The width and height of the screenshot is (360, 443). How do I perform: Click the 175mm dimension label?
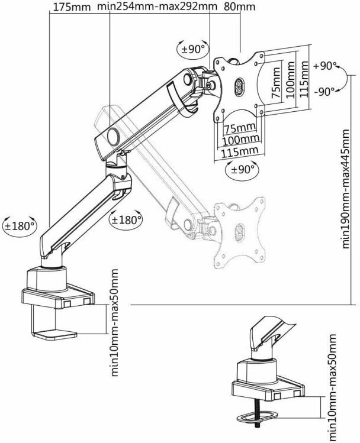(72, 7)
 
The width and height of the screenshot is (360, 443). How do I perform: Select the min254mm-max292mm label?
(157, 7)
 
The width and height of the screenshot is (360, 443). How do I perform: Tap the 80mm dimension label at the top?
(240, 7)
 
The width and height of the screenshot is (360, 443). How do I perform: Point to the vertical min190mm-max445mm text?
(346, 189)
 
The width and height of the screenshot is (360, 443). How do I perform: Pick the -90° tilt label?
(324, 91)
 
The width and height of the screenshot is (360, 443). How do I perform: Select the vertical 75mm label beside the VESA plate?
(276, 83)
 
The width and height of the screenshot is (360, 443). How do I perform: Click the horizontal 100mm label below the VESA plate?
(240, 139)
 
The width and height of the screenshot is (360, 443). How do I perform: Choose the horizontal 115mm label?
(239, 152)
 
